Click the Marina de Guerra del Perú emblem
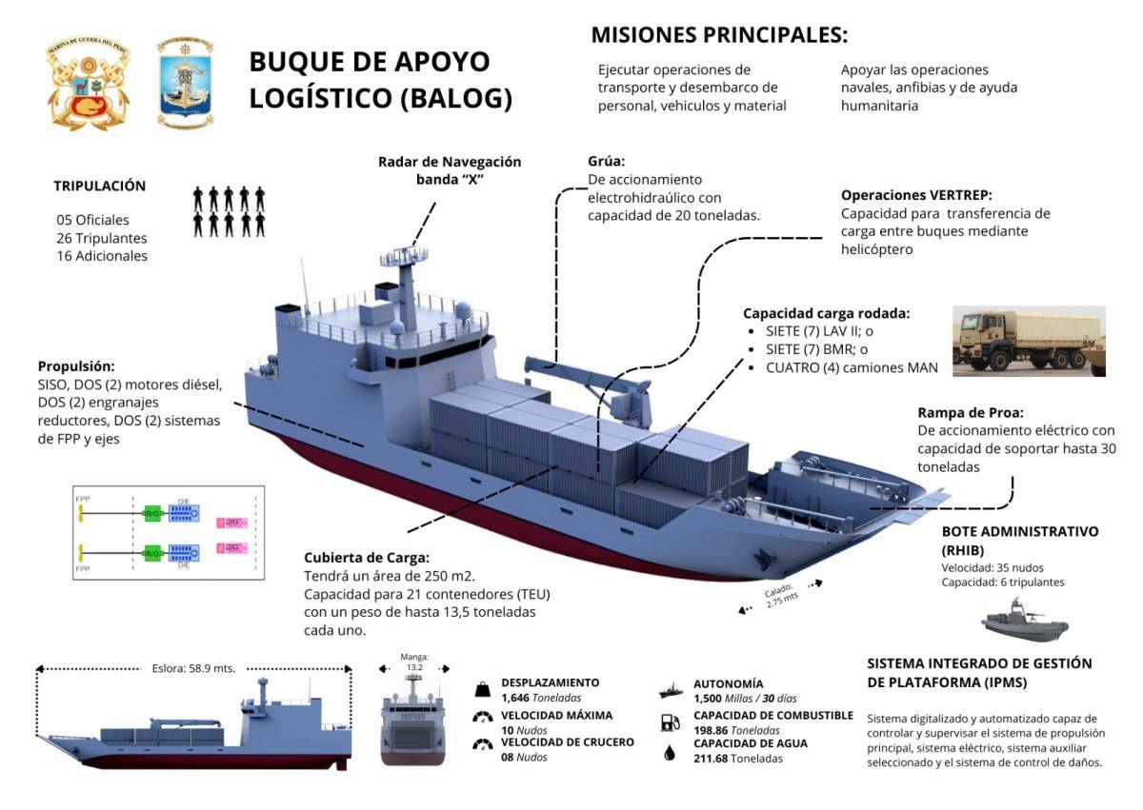88,84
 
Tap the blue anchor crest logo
186,83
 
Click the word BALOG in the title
467,98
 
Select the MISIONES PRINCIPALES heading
719,35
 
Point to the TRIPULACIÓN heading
99,186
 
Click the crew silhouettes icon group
229,211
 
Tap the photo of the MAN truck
1029,340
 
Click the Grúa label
607,161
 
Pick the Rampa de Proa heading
971,412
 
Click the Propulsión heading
76,365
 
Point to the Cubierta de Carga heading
367,558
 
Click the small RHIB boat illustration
1025,622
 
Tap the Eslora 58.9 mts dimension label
194,667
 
